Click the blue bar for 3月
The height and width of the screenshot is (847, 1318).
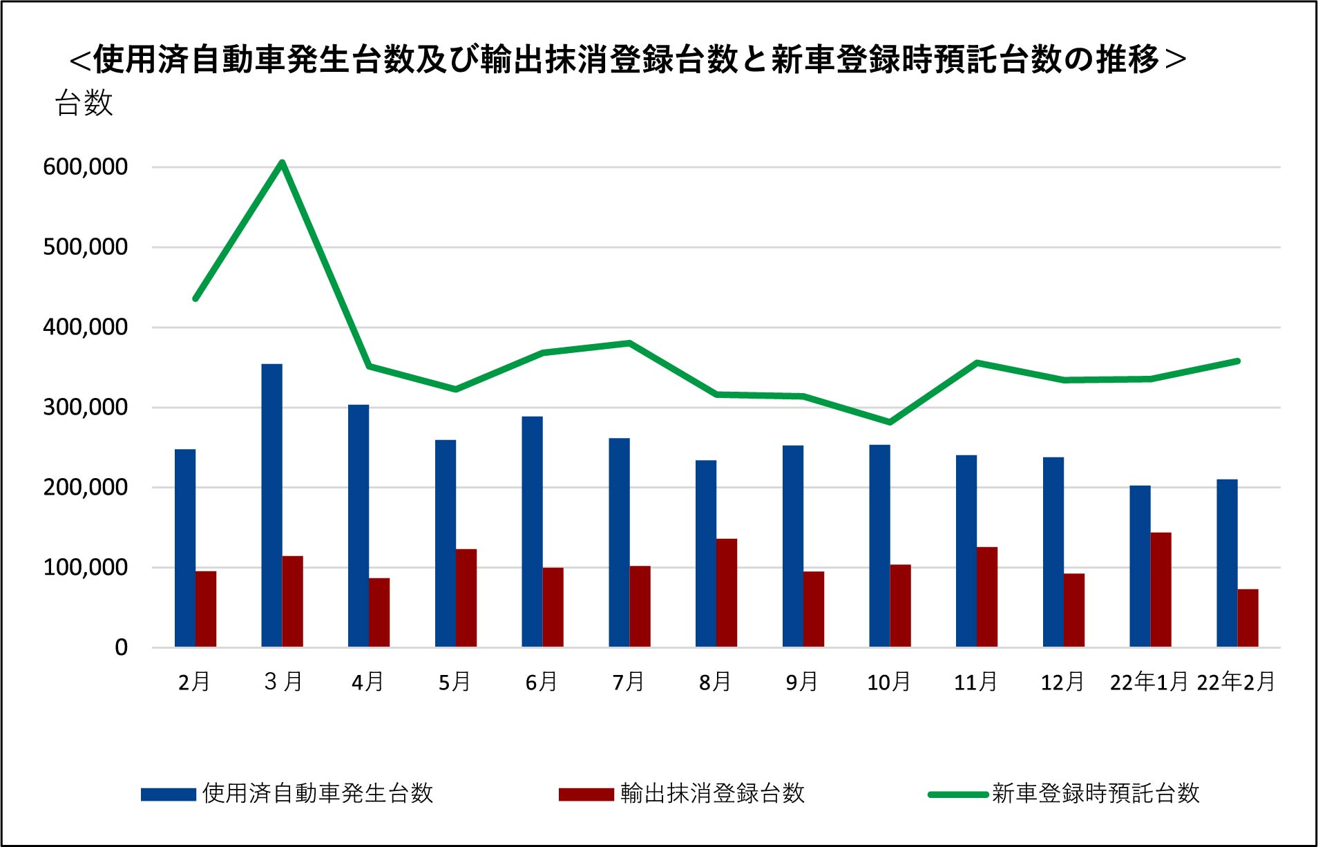271,505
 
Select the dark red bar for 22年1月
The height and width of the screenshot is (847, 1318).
1161,589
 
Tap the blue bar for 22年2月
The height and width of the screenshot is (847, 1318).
1227,563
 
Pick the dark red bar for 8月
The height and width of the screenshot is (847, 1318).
727,593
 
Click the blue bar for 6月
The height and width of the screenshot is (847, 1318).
532,531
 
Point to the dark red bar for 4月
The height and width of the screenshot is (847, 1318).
379,612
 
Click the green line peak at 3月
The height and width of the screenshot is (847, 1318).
282,163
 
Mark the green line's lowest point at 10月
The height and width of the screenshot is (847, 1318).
890,421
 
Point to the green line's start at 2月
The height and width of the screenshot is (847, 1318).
195,298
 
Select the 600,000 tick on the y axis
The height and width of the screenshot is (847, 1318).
85,167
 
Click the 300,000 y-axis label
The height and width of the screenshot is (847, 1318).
85,408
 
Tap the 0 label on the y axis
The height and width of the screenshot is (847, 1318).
121,648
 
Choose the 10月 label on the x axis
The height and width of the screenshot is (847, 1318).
889,683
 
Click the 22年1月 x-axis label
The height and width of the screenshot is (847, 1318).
1148,683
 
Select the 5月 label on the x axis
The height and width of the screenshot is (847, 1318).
455,683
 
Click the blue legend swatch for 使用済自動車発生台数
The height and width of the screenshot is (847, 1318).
169,794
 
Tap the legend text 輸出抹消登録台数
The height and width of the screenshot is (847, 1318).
712,793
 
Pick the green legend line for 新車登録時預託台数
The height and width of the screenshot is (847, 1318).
958,794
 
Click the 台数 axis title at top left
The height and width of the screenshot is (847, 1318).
84,104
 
